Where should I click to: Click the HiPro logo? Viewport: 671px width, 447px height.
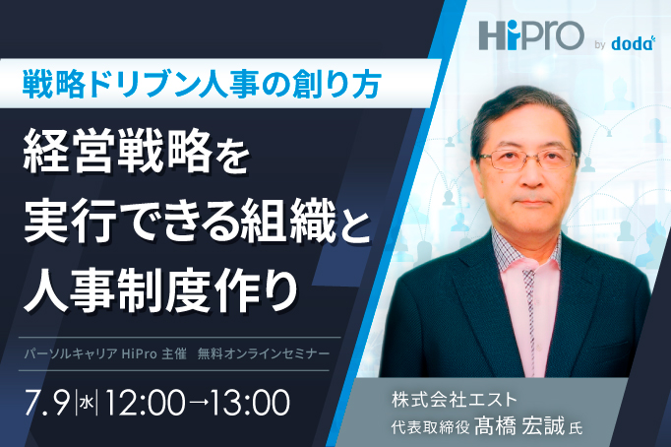pos(531,35)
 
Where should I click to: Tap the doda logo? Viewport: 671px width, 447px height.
pos(634,42)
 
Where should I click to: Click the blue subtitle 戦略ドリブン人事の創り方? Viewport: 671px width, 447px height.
pos(202,84)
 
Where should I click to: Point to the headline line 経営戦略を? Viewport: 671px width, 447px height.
pos(137,152)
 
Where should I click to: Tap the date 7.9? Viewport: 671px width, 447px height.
pos(48,403)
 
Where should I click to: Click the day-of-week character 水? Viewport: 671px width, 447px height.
pos(87,403)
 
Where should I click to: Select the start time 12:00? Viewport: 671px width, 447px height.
pos(144,403)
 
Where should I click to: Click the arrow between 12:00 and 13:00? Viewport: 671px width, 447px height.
pos(197,404)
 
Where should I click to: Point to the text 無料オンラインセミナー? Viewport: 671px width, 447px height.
pos(264,353)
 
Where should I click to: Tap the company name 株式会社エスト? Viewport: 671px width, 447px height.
pos(454,400)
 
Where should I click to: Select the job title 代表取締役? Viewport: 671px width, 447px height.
pos(431,427)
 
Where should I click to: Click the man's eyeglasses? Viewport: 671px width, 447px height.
pos(528,159)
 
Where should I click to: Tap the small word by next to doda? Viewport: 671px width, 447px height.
pos(600,44)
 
